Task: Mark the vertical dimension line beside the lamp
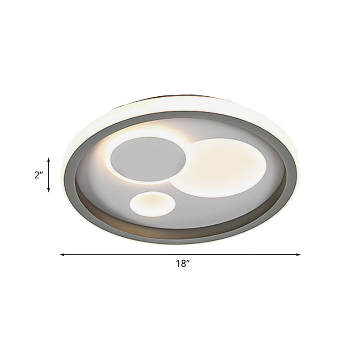click(49, 175)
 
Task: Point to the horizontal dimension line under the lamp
click(180, 255)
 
